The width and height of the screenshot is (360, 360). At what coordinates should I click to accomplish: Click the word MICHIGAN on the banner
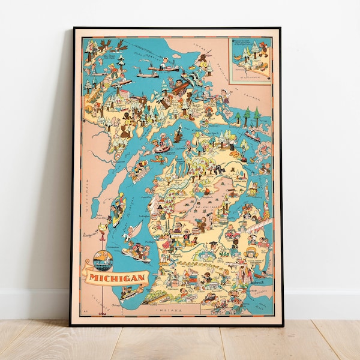(118, 278)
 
